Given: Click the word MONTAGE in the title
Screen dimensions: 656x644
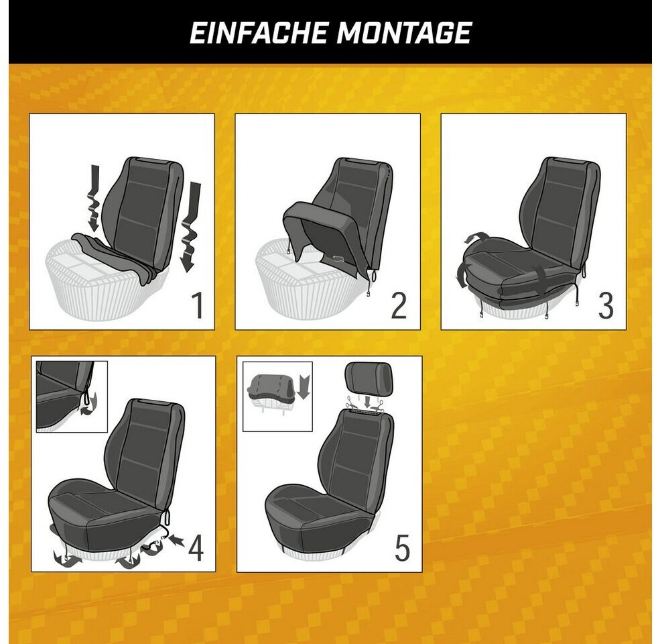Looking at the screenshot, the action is tap(404, 33).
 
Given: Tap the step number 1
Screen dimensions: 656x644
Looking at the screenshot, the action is tap(198, 306).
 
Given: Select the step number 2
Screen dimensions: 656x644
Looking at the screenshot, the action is tap(399, 306).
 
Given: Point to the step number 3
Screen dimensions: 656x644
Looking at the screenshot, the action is tap(605, 306).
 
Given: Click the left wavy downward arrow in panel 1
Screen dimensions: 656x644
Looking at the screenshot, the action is tap(94, 198).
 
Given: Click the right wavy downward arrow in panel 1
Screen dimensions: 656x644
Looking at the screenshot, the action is tap(190, 226).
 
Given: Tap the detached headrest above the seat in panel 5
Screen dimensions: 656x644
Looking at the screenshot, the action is tap(369, 378).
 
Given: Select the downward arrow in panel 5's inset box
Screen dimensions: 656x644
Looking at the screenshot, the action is tap(304, 387).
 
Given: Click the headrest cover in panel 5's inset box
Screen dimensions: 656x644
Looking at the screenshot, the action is tap(271, 386).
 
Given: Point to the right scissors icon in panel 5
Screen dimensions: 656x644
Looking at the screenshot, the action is tap(379, 405).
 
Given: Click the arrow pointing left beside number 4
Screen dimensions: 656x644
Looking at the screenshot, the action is tap(178, 540).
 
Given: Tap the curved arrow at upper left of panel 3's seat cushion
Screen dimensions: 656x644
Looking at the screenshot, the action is tap(474, 237).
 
